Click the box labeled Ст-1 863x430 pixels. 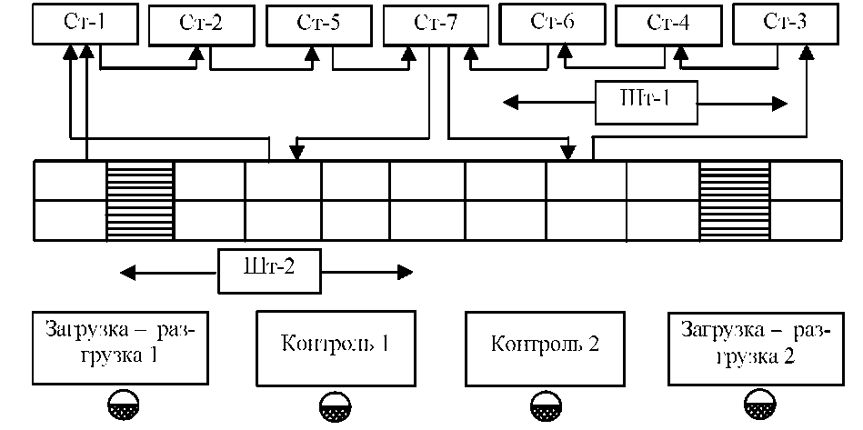[x=85, y=24]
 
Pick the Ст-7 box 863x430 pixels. [x=436, y=24]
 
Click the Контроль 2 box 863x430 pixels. [x=545, y=346]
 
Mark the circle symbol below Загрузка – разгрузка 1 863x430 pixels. [x=122, y=405]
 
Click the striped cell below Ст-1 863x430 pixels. [x=140, y=200]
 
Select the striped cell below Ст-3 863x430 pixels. [x=734, y=200]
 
